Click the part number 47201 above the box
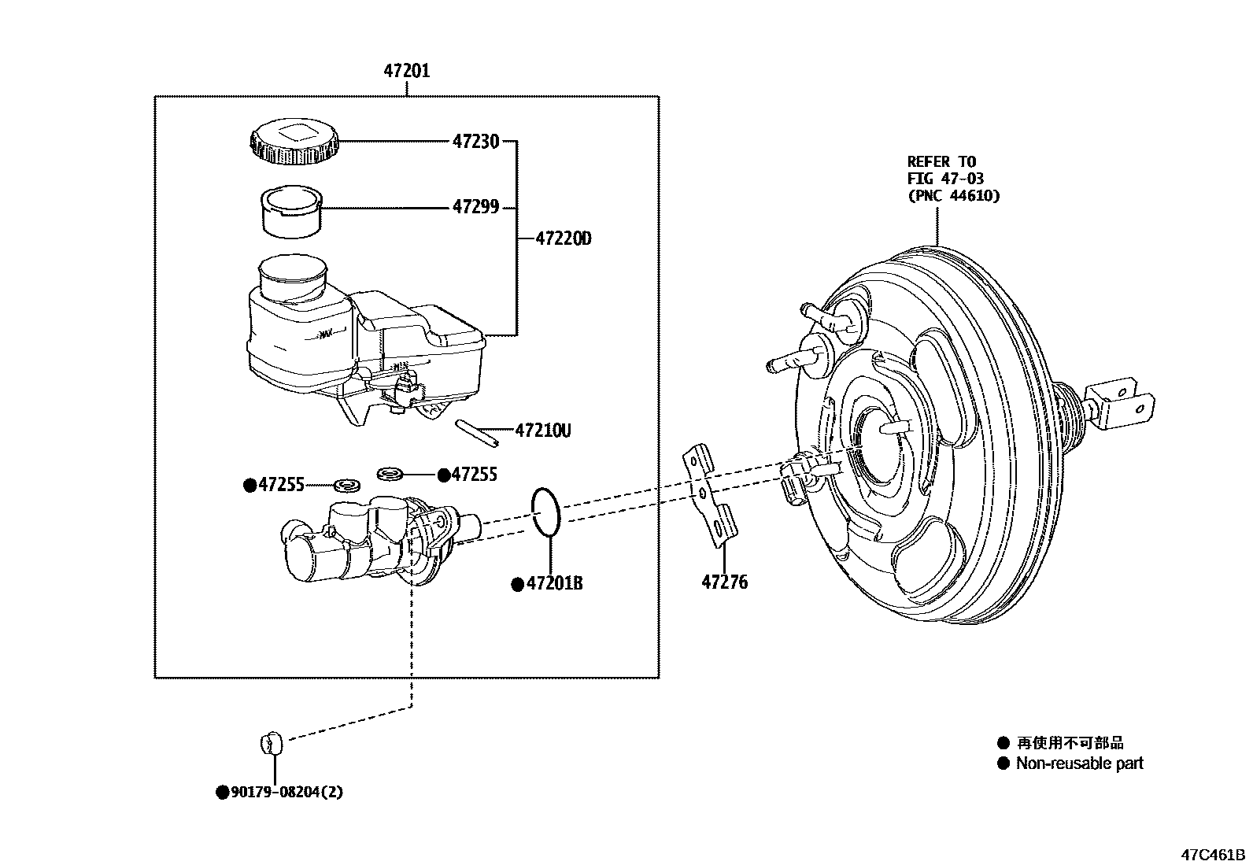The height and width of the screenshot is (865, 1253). (406, 72)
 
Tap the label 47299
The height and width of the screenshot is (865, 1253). (475, 208)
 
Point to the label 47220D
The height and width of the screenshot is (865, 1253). (563, 238)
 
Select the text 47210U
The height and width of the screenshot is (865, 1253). (542, 431)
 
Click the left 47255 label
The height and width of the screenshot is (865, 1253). (281, 485)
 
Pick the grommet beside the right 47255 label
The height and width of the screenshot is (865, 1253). (390, 474)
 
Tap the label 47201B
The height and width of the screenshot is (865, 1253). (554, 584)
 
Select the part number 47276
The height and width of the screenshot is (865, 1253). (724, 583)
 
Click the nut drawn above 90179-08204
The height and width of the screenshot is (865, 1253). (270, 741)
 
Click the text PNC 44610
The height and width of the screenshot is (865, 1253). (953, 196)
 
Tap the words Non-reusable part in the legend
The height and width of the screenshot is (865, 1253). (1079, 763)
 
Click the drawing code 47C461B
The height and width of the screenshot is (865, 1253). (1212, 855)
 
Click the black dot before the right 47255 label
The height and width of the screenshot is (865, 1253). (444, 475)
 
